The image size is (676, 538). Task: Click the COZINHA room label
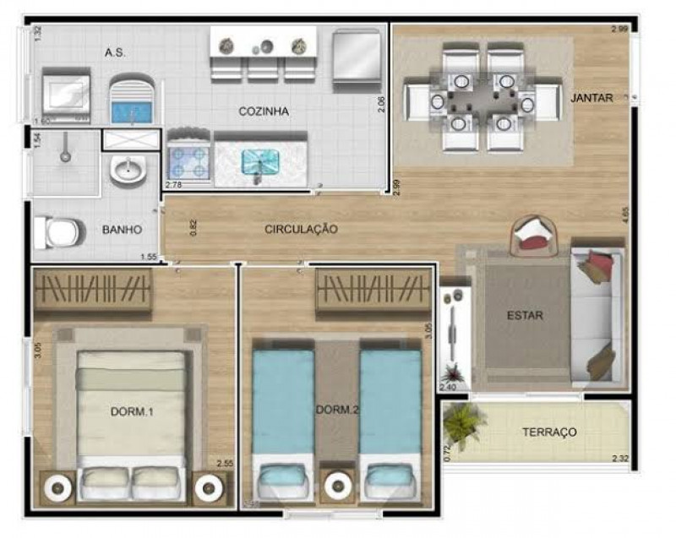point(264,111)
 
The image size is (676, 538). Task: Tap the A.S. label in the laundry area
point(116,52)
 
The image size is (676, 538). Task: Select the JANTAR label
point(591,98)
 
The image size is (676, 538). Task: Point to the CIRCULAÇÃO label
point(301,229)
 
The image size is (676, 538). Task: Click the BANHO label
point(122,229)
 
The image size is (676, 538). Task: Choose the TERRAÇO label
point(549,432)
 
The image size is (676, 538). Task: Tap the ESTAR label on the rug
point(525,316)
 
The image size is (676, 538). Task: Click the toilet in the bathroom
point(61,231)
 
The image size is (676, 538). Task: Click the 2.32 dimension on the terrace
point(622,459)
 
